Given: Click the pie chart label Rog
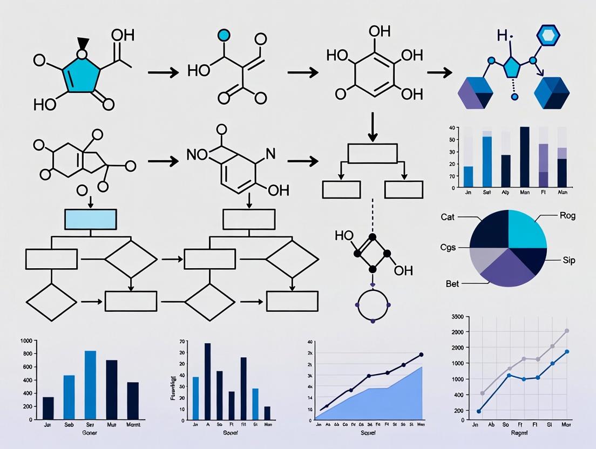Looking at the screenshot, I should (x=567, y=216).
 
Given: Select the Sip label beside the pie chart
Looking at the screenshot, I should (x=568, y=260).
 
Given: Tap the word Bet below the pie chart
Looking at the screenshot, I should (x=452, y=283).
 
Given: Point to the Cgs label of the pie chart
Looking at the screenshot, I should (x=448, y=248).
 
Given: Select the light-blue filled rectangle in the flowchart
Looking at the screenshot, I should (x=90, y=219).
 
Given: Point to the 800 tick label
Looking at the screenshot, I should (x=26, y=353).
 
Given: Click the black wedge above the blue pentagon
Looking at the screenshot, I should (x=83, y=43).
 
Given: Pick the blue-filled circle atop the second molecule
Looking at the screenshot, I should (x=224, y=36).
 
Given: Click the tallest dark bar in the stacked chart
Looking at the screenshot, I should (x=524, y=157).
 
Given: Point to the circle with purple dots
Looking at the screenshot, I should (x=372, y=305).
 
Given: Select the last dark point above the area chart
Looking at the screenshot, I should (x=421, y=355).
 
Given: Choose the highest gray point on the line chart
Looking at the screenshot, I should (x=567, y=331).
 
